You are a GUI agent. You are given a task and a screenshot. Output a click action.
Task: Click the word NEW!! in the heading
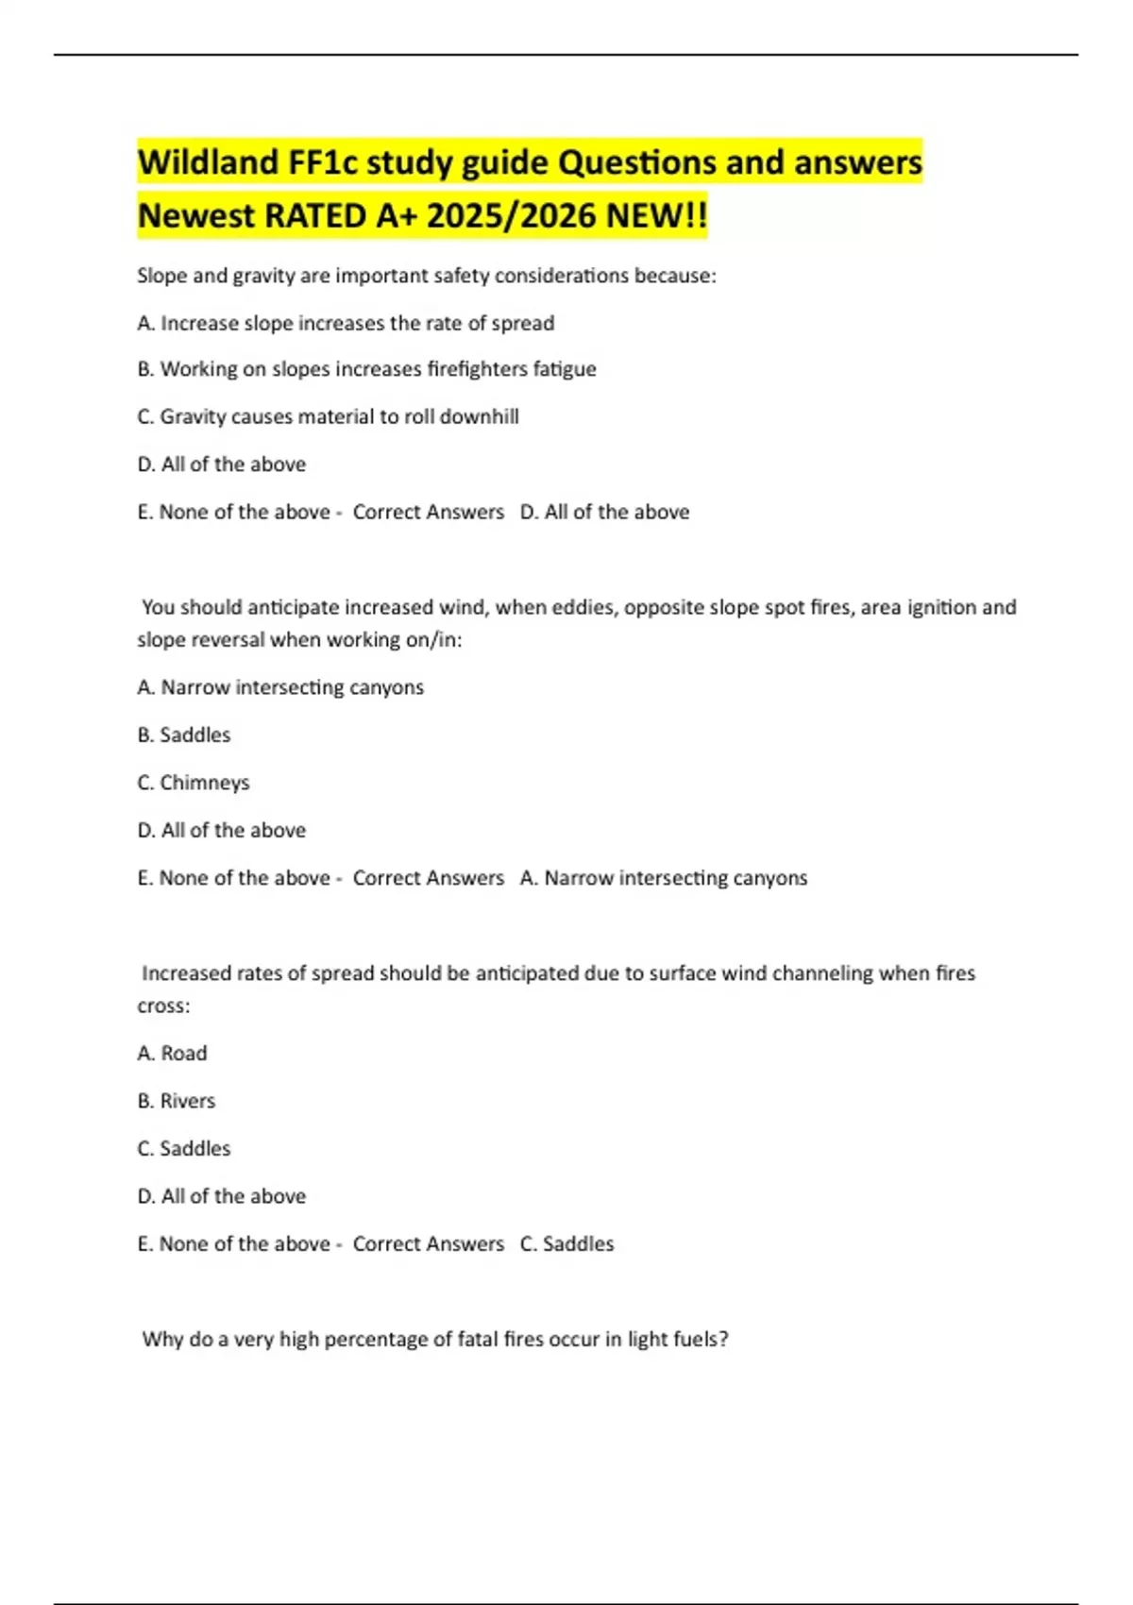[656, 216]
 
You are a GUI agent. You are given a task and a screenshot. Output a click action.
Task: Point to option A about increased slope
[346, 323]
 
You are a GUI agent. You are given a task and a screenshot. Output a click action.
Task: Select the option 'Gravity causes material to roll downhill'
[328, 416]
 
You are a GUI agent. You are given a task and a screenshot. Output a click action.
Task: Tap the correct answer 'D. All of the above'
[604, 512]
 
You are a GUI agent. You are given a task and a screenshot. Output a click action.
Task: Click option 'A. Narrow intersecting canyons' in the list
[280, 687]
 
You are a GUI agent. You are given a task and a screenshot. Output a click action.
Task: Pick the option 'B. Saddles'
[184, 735]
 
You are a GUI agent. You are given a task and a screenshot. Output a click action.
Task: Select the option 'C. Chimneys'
[194, 783]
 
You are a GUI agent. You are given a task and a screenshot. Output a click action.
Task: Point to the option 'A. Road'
[172, 1053]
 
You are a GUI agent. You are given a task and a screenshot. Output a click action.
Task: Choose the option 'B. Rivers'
[177, 1101]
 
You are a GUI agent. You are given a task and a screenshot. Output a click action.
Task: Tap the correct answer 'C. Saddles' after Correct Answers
[566, 1243]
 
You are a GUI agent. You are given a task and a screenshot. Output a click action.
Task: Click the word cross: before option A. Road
[163, 1006]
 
